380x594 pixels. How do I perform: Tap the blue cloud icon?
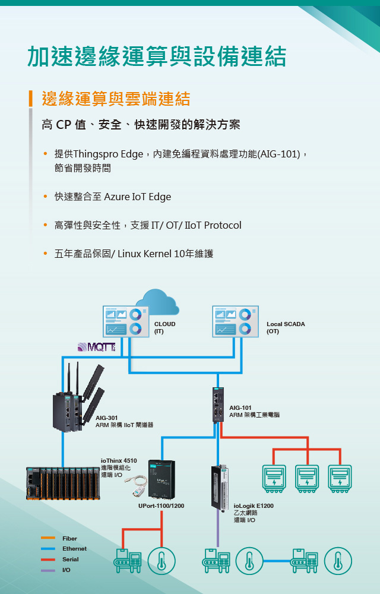[x=157, y=302]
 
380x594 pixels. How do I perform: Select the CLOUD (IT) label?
[x=164, y=327]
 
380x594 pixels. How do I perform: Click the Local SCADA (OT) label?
[x=286, y=327]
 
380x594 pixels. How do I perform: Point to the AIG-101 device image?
[x=217, y=404]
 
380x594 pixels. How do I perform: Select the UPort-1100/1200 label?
[x=161, y=506]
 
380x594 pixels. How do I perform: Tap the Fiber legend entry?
[x=69, y=538]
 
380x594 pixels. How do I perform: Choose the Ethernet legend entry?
[x=74, y=549]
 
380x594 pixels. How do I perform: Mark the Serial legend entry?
[x=70, y=560]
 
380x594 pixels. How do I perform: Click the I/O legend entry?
[x=66, y=570]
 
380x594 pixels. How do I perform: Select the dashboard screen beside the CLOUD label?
[x=123, y=321]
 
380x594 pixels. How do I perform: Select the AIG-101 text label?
[x=240, y=407]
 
